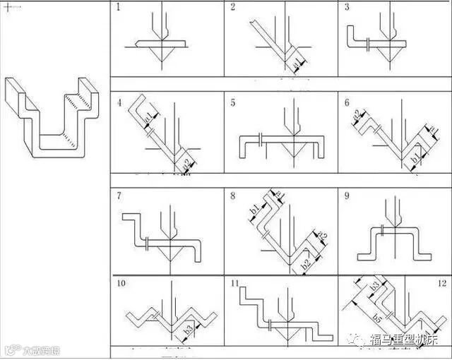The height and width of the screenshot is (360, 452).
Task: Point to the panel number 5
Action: (x=232, y=103)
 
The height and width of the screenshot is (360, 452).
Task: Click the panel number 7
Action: (x=118, y=196)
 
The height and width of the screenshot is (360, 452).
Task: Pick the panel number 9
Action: (x=346, y=196)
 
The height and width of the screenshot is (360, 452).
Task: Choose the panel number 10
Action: (x=121, y=284)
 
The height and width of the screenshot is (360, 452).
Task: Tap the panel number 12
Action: (x=441, y=284)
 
